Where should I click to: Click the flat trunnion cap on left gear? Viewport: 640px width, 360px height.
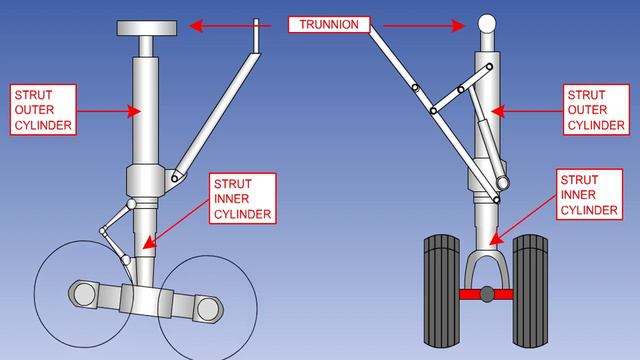pyautogui.click(x=148, y=27)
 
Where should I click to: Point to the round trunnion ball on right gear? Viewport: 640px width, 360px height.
pyautogui.click(x=487, y=22)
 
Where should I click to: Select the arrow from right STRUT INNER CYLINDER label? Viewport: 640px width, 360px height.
pyautogui.click(x=526, y=216)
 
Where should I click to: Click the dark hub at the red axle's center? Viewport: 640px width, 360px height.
pyautogui.click(x=486, y=294)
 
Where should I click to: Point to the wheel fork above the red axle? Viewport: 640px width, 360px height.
pyautogui.click(x=486, y=264)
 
